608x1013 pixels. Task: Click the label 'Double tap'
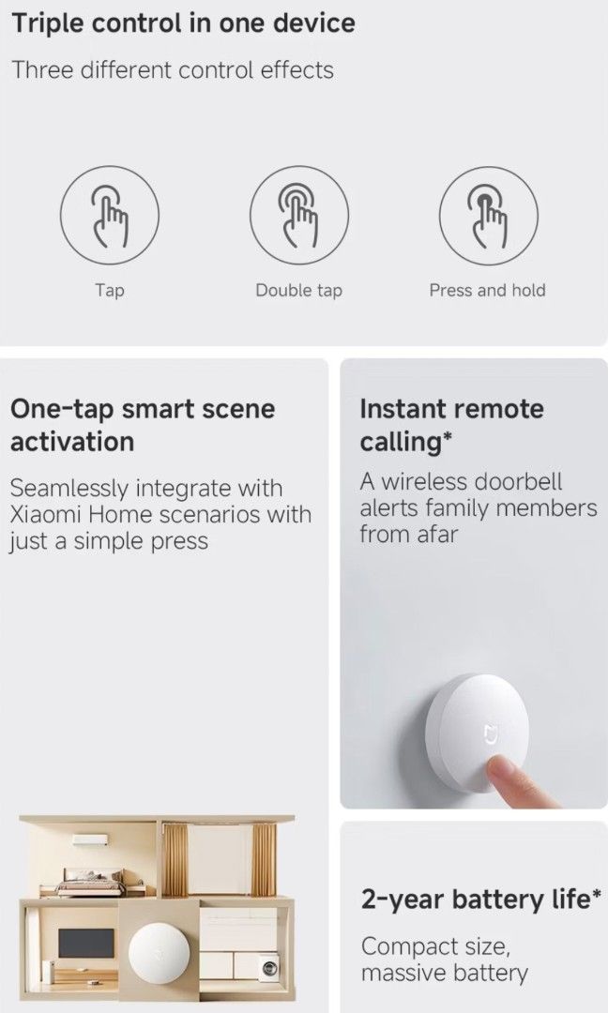[x=298, y=291]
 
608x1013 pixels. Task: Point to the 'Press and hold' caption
[x=487, y=291]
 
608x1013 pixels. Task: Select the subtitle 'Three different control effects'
[x=172, y=70]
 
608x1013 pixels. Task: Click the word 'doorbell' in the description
[x=517, y=482]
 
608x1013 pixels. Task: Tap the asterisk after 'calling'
[x=448, y=435]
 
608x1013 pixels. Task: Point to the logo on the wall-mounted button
[x=489, y=732]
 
